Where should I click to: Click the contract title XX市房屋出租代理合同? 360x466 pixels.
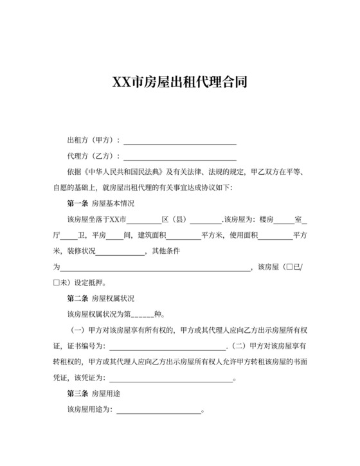click(x=179, y=83)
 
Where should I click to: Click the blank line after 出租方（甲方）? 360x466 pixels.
click(x=180, y=140)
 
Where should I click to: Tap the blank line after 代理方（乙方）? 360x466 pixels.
click(x=180, y=156)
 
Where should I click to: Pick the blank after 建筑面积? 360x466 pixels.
click(x=183, y=235)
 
